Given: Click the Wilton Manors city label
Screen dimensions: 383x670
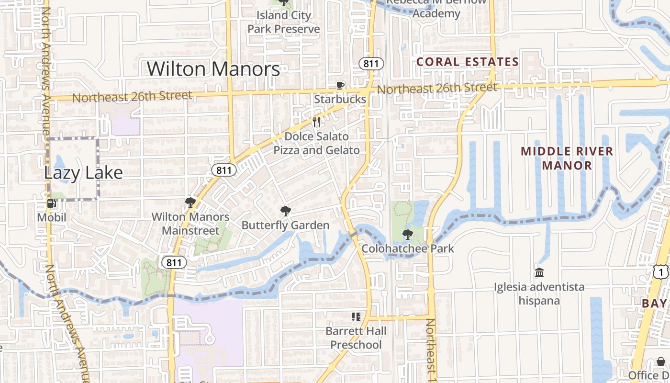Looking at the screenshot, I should coord(213,69).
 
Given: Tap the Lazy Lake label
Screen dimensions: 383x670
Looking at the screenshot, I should coord(83,173).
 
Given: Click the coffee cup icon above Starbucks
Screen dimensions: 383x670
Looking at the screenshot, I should coord(340,86).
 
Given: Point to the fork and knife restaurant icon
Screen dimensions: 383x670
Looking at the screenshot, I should coord(316,122).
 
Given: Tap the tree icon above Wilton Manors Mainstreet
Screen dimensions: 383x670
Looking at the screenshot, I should coord(190,203).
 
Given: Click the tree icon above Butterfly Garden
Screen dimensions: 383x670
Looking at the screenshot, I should coord(285,211).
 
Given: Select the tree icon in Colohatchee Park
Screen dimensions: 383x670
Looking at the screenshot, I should coord(407,235).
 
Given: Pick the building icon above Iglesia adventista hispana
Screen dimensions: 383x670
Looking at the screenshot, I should coord(539,273).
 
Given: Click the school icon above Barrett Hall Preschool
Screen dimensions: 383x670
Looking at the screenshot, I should coord(356,317).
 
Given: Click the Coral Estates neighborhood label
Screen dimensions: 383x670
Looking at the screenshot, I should coord(467,62).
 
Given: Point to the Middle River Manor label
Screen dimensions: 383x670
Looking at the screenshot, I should coord(567,158).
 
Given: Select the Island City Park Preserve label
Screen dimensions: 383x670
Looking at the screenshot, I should coord(284,22).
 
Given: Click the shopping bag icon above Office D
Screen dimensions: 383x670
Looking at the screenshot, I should coord(661,361).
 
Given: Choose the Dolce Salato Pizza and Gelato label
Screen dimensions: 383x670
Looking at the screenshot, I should coord(316,144).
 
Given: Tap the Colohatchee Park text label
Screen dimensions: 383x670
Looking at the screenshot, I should coord(407,248).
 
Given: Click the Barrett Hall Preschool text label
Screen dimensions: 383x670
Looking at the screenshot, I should coord(356,338).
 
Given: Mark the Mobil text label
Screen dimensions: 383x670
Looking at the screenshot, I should coord(52,218).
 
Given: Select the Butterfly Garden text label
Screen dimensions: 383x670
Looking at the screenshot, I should coord(285,225).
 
